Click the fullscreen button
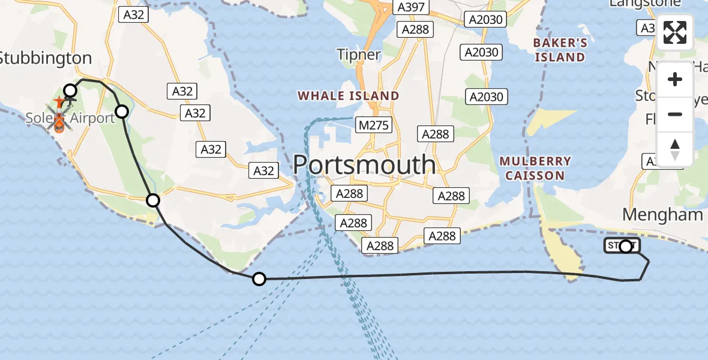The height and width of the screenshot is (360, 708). coord(675,32)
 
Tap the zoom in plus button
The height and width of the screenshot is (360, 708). coord(675,79)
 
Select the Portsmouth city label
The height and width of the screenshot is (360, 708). coord(364,164)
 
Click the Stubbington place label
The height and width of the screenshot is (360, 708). coord(46,58)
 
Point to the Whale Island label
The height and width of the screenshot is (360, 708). coord(348,95)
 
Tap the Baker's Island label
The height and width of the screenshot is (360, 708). coord(560,50)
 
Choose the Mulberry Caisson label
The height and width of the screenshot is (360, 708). coord(535,169)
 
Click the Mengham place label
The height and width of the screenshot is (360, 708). coord(662,214)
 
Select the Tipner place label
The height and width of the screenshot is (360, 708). coord(359,55)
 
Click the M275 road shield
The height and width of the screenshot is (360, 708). coord(375,125)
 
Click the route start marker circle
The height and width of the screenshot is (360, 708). coord(626,246)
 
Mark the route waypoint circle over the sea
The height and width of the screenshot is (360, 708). coord(259,278)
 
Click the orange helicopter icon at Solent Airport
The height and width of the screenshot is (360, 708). coord(59,124)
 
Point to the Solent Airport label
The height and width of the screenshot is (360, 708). coord(70,118)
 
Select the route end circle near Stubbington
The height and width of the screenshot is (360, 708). coord(70,91)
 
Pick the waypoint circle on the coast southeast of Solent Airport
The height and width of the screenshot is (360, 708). coord(153,200)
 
